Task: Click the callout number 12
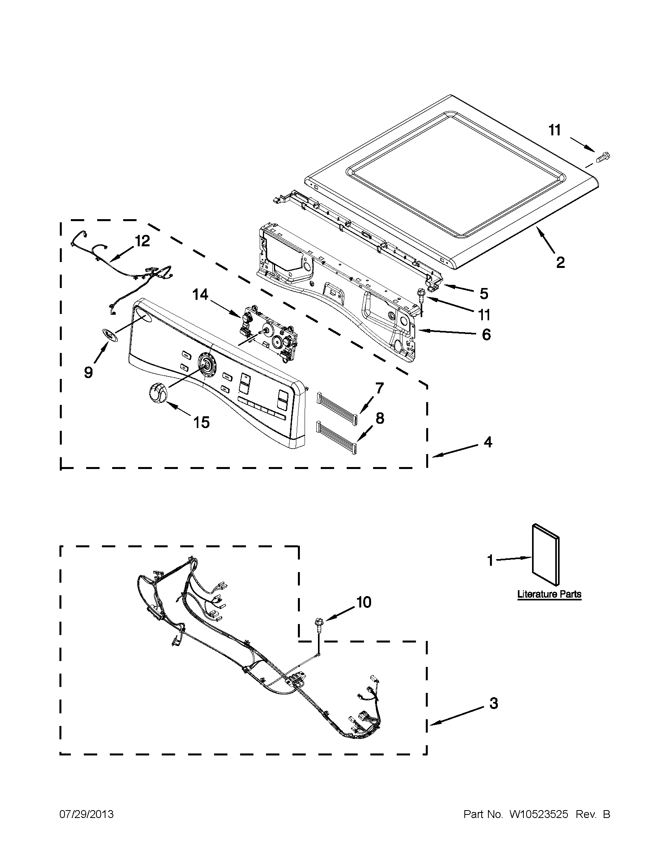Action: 142,241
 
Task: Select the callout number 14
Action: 200,295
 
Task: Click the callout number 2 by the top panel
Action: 560,262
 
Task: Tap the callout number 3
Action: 493,703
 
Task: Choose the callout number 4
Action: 488,442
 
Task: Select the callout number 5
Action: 483,294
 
